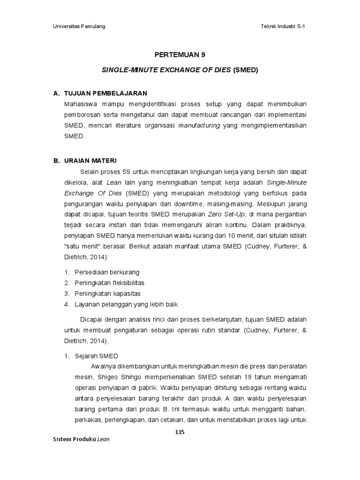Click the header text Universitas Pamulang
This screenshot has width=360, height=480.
coord(79,26)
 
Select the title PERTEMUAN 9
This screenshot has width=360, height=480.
coord(180,54)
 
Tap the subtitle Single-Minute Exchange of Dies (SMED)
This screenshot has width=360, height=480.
coord(180,70)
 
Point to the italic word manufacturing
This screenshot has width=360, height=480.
coord(200,126)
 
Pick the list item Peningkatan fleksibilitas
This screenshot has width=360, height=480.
coord(109,283)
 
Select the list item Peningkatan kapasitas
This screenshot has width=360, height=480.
coord(107,293)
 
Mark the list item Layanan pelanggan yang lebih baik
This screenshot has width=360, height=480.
coord(126,304)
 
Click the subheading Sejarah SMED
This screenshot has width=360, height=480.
coord(97,356)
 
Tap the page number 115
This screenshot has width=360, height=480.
coord(180,432)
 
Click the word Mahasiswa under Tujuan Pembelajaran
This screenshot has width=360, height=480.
coord(81,104)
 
